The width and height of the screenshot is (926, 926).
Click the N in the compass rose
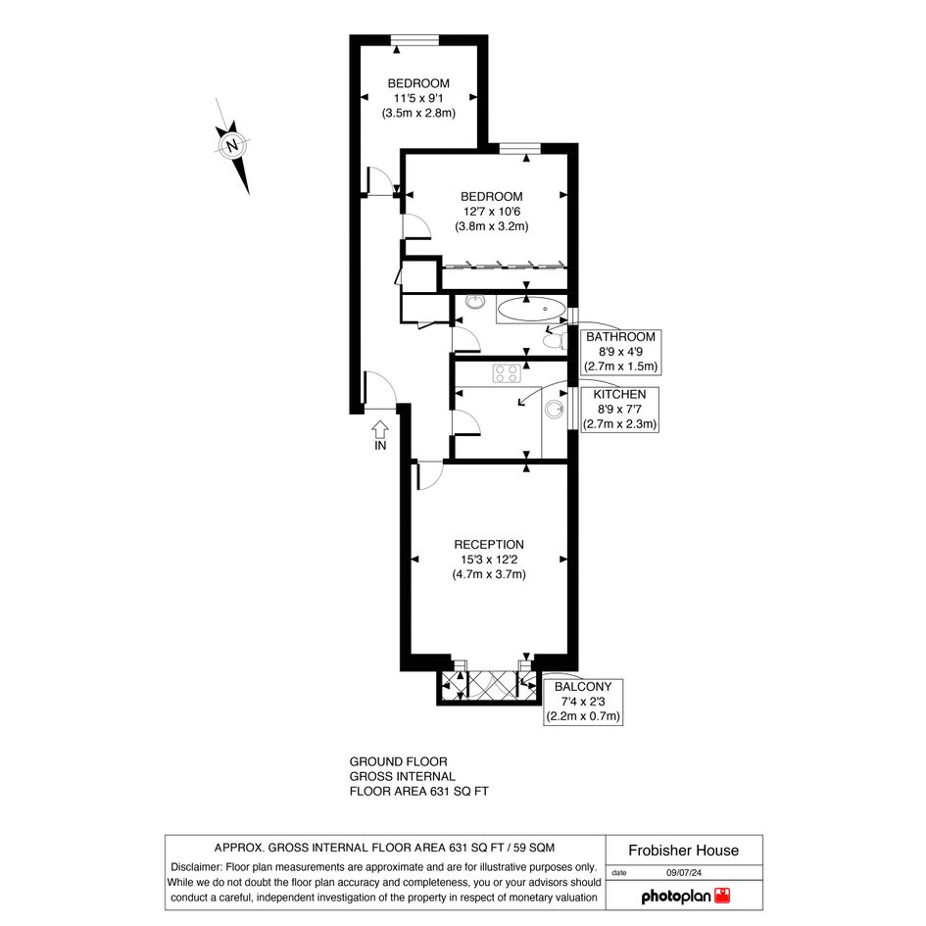(x=232, y=145)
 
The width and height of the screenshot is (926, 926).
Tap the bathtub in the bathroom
(x=531, y=309)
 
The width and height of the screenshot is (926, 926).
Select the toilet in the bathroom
(x=554, y=341)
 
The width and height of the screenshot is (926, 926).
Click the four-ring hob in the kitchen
(x=507, y=373)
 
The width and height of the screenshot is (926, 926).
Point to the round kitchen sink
(x=554, y=410)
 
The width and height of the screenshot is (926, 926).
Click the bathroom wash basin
(x=474, y=302)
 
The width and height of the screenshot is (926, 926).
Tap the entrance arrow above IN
(x=380, y=429)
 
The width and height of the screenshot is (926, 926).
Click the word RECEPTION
(x=489, y=545)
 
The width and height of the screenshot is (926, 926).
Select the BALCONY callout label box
(x=583, y=702)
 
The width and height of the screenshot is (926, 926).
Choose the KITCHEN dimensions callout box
(x=619, y=410)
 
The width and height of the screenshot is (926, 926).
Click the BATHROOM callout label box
(x=620, y=352)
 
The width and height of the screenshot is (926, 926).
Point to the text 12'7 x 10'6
(x=491, y=212)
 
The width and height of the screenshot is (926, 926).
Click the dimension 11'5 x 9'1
(x=418, y=98)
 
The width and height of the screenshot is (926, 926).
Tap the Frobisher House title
(x=683, y=851)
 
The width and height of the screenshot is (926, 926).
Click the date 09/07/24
(x=684, y=873)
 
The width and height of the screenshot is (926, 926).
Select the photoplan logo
(x=686, y=897)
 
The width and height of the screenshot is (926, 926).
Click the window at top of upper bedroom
(x=415, y=39)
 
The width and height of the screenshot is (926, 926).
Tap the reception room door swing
(x=429, y=475)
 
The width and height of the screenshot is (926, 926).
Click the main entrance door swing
(x=380, y=389)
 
